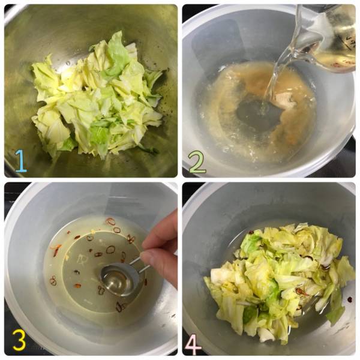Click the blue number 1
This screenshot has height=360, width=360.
[x=21, y=161]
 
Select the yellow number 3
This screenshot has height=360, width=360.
[x=19, y=340]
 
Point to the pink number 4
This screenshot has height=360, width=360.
[x=193, y=344]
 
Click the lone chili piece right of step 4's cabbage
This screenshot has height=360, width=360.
[x=350, y=299]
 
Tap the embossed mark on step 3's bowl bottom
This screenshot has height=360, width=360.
[x=81, y=259]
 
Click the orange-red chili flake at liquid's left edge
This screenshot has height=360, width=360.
[x=56, y=250]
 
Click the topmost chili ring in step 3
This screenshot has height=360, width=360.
[x=110, y=221]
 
